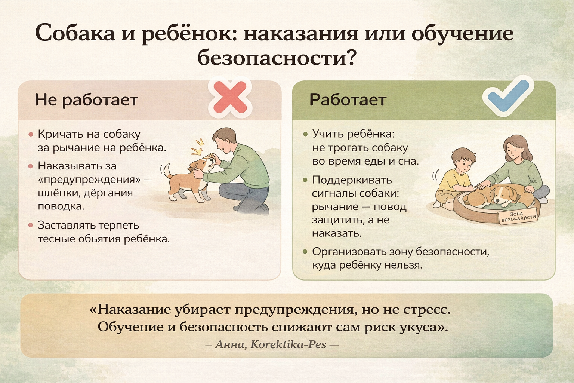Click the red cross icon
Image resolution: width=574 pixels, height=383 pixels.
pos(230,98)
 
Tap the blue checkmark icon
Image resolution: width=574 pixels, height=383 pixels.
pos(508,96)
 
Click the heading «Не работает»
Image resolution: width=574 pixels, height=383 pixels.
pos(86,100)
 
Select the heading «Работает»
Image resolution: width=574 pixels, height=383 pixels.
pos(348,99)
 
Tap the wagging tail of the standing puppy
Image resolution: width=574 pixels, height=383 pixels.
pos(167,171)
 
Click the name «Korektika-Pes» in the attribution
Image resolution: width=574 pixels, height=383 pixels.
pos(288,344)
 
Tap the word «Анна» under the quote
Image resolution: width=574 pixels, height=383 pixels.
pos(229,344)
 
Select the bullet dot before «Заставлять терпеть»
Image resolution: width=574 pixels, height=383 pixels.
pos(31,225)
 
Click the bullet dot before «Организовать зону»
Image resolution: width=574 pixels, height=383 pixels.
pos(305,252)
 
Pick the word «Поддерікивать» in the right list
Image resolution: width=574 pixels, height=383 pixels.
pos(352,180)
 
